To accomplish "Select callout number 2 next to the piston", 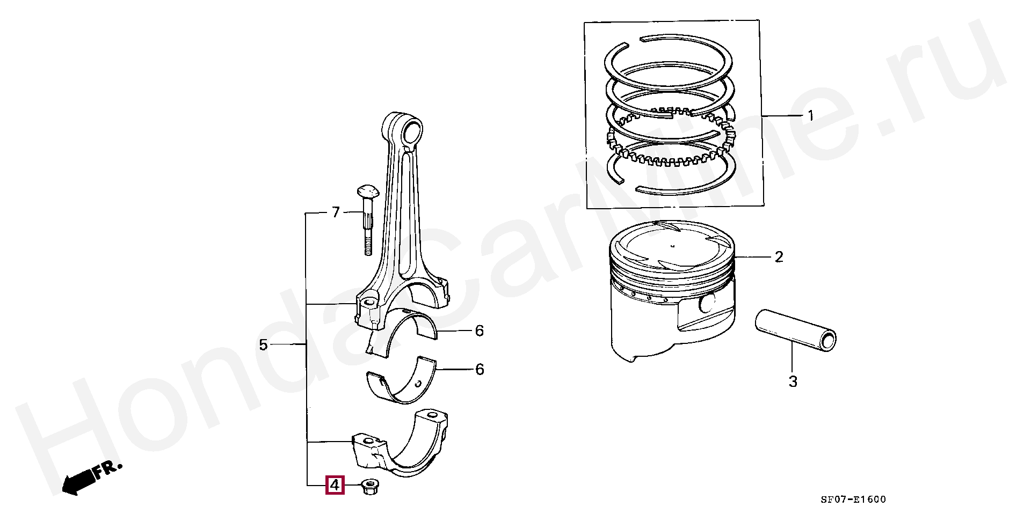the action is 779,257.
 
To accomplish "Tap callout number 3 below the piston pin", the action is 793,382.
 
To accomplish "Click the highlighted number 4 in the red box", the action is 334,486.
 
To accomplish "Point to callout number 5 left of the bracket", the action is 263,344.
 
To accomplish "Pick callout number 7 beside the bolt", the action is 336,213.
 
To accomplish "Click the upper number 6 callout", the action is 479,331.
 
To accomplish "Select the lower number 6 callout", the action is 479,369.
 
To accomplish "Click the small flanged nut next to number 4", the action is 369,487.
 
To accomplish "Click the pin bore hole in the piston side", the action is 708,304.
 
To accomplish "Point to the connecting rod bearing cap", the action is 400,445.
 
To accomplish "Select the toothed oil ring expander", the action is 671,156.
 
